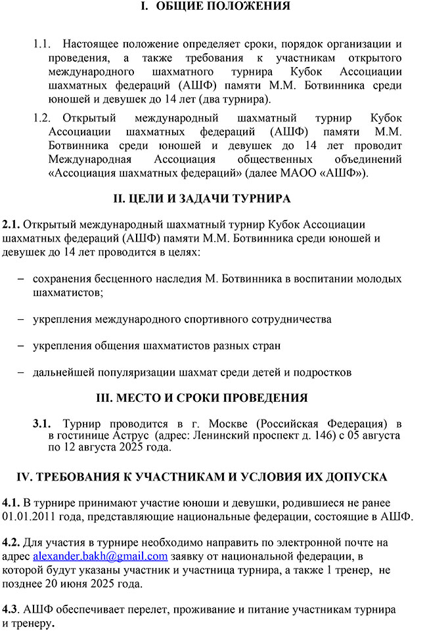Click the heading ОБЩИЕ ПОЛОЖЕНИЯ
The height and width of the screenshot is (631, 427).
[224, 7]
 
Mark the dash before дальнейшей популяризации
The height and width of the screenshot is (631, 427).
[20, 372]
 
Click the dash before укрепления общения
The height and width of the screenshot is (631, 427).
[20, 346]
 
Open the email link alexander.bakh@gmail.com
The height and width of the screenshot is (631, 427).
[100, 555]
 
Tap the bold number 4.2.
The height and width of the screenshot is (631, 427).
[12, 542]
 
